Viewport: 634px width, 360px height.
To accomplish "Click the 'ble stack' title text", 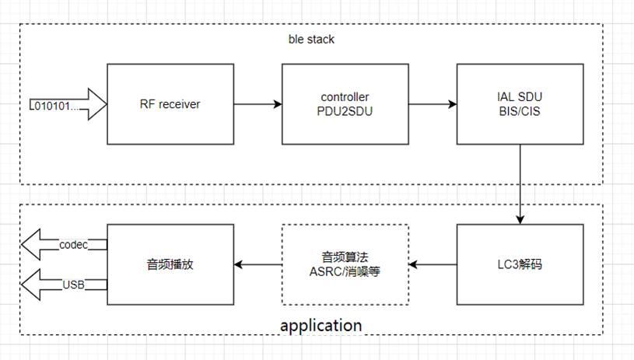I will [x=311, y=38].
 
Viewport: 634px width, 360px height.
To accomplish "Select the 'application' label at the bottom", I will [x=321, y=325].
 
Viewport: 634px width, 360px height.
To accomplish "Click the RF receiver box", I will [x=169, y=104].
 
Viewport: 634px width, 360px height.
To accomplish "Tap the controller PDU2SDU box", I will [x=345, y=104].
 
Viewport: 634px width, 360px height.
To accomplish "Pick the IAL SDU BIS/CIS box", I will [x=519, y=104].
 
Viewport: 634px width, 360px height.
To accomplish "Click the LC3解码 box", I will [x=519, y=264].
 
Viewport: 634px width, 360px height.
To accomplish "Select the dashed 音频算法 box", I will [x=345, y=264].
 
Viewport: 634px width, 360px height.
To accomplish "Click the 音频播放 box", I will [x=169, y=264].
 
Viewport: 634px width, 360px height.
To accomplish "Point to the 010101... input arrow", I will [x=65, y=104].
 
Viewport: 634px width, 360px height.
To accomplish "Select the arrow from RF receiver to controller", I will [x=257, y=104].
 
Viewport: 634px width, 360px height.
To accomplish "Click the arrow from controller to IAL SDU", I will [x=433, y=104].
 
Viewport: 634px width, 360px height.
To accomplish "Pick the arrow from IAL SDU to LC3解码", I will [x=519, y=183].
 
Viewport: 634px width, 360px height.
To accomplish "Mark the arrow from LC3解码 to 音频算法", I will [x=433, y=264].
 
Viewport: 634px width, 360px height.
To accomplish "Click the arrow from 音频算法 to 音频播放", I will [x=257, y=264].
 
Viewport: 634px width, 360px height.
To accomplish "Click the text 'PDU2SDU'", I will [x=345, y=111].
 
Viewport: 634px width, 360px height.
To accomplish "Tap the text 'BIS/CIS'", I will [x=519, y=111].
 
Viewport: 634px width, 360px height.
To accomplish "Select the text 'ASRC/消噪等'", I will [x=345, y=271].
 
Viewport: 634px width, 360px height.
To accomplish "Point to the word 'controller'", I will [x=345, y=97].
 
